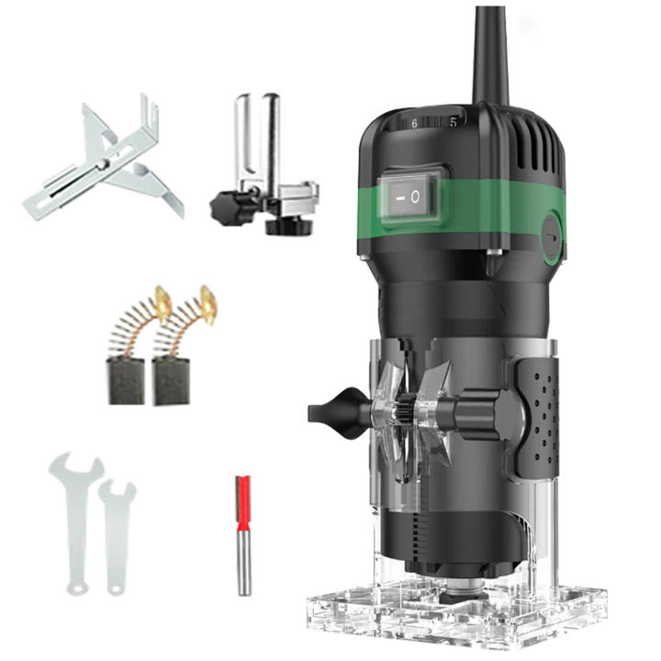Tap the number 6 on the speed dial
coord(414,124)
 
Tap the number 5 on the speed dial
coord(454,122)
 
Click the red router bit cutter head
coord(243,503)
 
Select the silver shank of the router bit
coord(243,563)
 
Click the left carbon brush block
coord(127,381)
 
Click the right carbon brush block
coord(171,381)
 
